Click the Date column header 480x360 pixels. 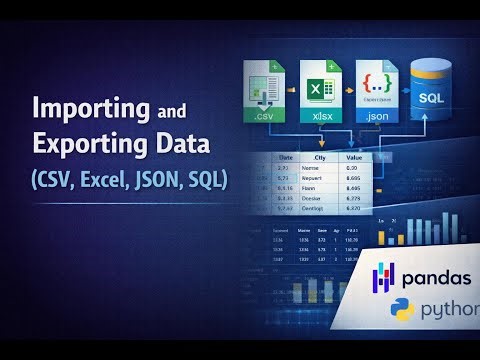point(286,156)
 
